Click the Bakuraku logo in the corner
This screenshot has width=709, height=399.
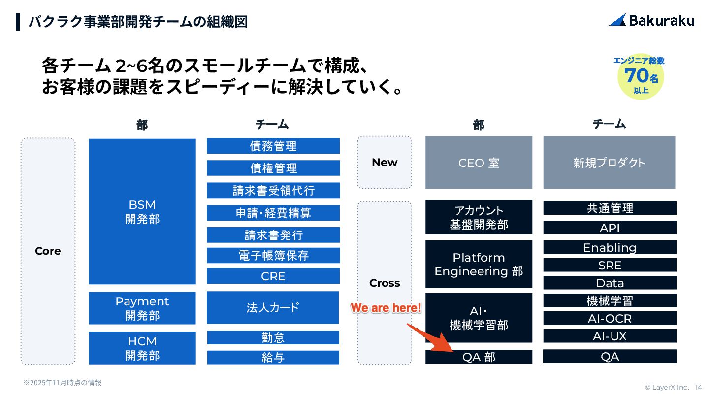[651, 20]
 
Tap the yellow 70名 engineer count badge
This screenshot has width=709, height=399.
[640, 76]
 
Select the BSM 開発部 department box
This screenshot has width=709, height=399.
[142, 211]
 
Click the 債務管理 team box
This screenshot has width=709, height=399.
[273, 146]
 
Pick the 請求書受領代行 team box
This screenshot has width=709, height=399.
[273, 190]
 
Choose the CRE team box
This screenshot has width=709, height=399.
[273, 276]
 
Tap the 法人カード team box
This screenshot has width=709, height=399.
[273, 308]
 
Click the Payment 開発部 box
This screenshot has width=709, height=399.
[142, 308]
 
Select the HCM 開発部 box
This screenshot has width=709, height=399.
[142, 348]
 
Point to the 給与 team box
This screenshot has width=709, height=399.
[273, 358]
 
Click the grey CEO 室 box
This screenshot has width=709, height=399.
[479, 163]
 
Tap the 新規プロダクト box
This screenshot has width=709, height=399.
[609, 163]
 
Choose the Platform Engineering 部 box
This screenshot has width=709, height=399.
[479, 265]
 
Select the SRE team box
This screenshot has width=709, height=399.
[610, 266]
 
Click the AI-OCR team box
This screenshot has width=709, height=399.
[610, 319]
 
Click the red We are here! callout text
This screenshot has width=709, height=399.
[386, 308]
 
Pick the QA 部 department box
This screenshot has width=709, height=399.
[479, 357]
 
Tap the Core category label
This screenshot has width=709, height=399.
[48, 251]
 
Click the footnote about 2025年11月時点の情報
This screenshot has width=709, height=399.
[63, 383]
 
